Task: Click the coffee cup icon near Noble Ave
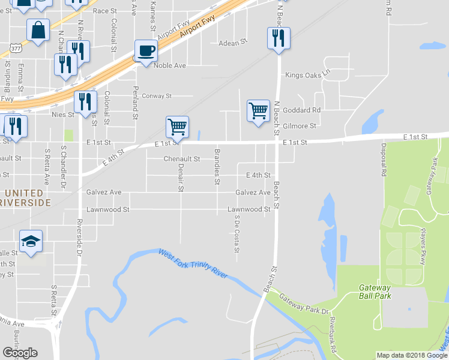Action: (146, 50)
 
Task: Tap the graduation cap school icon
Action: (31, 241)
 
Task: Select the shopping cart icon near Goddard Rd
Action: (258, 110)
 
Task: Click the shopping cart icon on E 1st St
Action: (177, 127)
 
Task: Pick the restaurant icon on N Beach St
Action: (279, 38)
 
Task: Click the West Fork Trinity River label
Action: (193, 263)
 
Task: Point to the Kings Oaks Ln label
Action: (308, 75)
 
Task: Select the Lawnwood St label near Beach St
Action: (249, 209)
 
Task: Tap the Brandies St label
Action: (217, 166)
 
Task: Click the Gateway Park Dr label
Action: (305, 304)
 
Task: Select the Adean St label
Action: (233, 43)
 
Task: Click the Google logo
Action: (20, 353)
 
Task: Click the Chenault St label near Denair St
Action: (181, 159)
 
